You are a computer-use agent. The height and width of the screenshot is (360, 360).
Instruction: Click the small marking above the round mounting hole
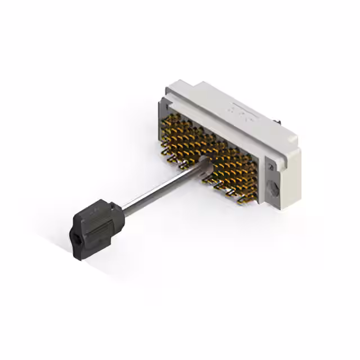tap(270, 167)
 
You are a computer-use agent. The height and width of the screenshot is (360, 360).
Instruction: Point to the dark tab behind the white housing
tap(278, 120)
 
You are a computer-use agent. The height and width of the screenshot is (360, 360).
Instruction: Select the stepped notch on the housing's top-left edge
tap(169, 93)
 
